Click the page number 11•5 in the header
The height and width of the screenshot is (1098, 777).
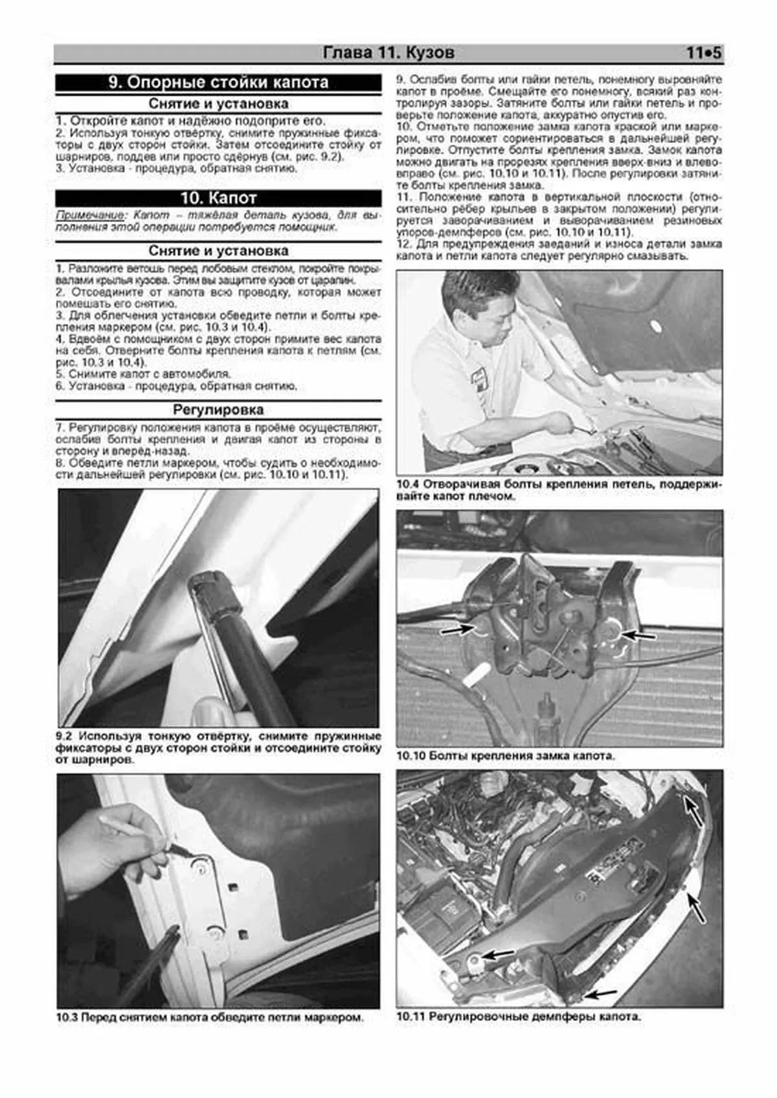coord(703,53)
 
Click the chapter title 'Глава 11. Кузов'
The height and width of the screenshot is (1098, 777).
coord(388,53)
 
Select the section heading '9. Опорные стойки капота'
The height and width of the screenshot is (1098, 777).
coord(218,83)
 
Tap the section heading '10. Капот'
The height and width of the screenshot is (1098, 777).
coord(218,198)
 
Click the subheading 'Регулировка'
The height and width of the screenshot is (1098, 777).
coord(218,410)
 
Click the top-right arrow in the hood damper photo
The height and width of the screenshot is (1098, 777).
coord(693,810)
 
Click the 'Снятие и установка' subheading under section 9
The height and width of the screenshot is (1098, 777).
coord(218,104)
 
